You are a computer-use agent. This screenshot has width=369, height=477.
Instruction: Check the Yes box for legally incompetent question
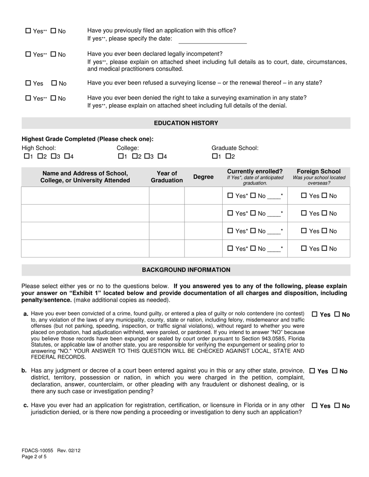[x=28, y=55]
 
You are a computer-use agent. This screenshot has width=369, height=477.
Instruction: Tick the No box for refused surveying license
[x=54, y=83]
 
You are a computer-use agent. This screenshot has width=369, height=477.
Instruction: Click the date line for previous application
[x=212, y=40]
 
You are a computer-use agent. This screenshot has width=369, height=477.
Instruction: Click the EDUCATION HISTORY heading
[x=186, y=123]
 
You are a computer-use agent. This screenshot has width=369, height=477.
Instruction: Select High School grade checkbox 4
[x=67, y=156]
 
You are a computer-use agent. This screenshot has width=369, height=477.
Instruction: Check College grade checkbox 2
[x=135, y=156]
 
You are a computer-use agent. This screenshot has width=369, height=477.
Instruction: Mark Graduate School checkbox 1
[x=215, y=156]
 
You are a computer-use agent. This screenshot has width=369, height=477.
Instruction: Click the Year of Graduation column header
[x=167, y=177]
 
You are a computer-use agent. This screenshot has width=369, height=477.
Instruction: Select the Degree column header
[x=203, y=177]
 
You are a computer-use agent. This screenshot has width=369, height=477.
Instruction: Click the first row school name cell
[x=85, y=195]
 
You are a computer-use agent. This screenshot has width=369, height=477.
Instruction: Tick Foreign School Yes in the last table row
[x=304, y=249]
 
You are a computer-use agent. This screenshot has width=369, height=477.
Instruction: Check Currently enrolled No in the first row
[x=253, y=196]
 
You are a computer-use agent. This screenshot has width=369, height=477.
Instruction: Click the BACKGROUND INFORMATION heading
[x=186, y=270]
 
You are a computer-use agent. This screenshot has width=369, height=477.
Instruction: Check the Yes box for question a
[x=315, y=315]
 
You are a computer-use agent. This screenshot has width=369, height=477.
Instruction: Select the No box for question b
[x=334, y=371]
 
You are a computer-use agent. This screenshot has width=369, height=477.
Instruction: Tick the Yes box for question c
[x=315, y=406]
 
